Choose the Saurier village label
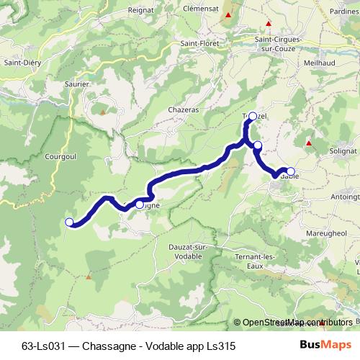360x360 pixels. coord(76,84)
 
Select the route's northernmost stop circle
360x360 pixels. coord(252,114)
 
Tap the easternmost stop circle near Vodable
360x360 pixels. coord(290,171)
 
